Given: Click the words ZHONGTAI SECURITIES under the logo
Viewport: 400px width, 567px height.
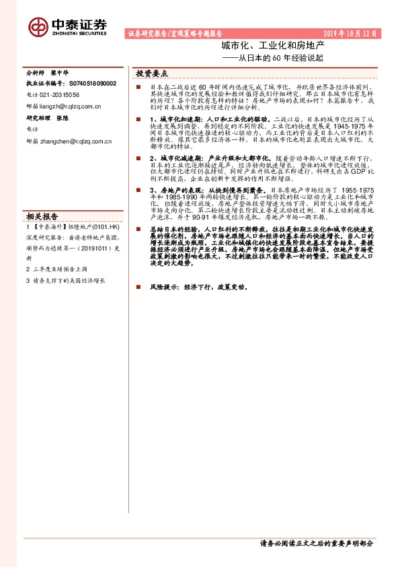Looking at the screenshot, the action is (x=79, y=32).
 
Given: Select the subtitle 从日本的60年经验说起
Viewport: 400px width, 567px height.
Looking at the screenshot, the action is (x=276, y=59).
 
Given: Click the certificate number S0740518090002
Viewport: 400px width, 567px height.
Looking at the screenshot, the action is (x=93, y=84).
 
